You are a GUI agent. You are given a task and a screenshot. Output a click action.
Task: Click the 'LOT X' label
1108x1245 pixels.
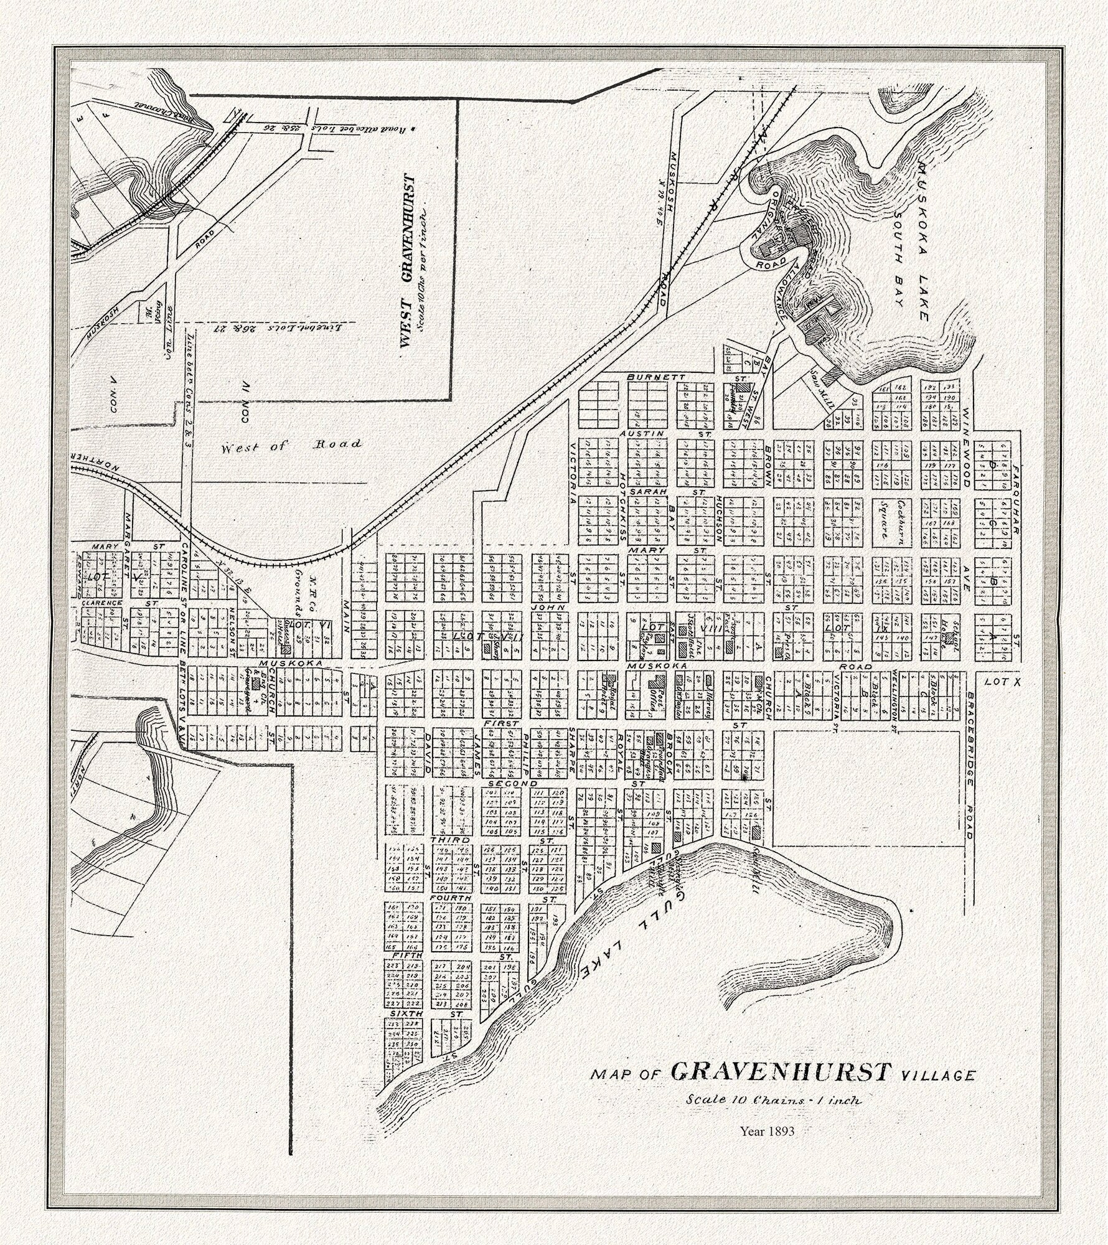pyautogui.click(x=1003, y=682)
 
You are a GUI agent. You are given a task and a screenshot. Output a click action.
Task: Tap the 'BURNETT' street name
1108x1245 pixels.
pyautogui.click(x=648, y=377)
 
